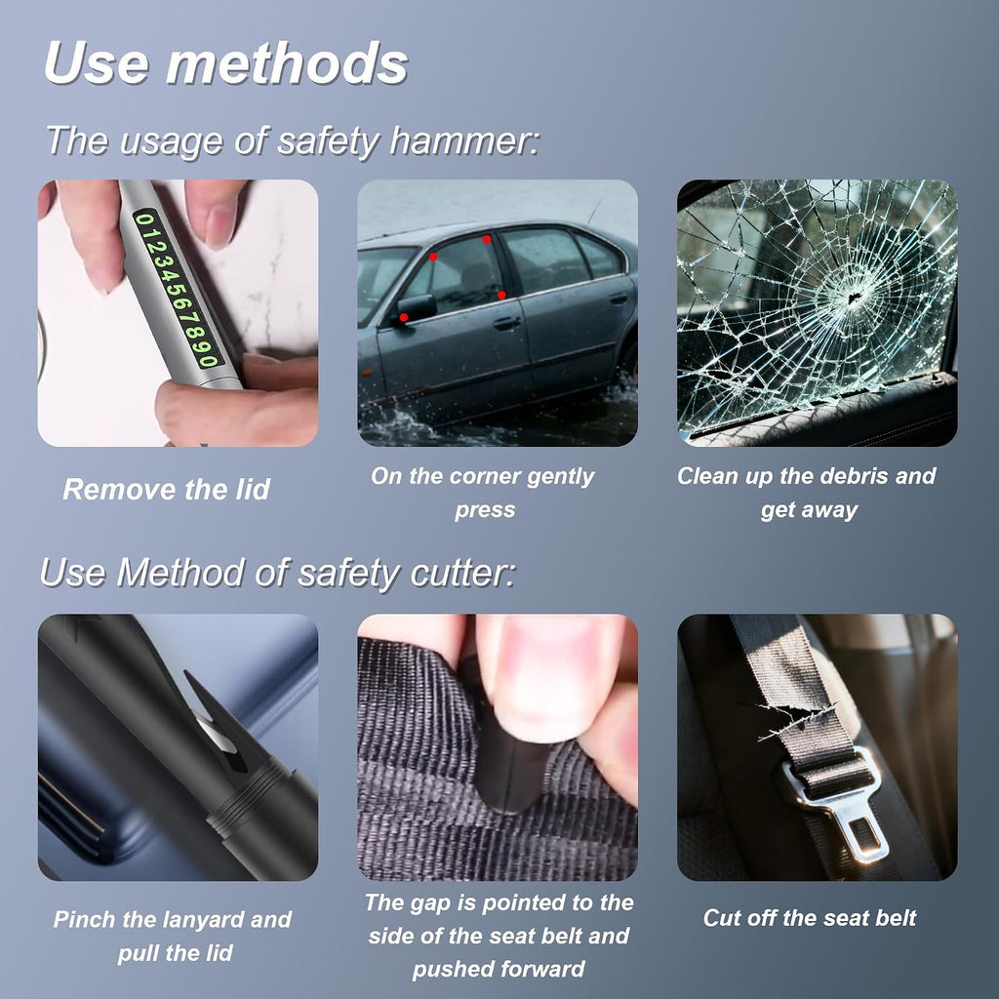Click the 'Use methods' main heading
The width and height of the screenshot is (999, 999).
pos(226,63)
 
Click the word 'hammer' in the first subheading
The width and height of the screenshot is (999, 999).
pos(463,140)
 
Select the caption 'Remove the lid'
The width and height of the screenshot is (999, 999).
pos(166,489)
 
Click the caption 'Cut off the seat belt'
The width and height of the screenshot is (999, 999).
pos(809,917)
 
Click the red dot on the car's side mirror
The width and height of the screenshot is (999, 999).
pos(403,317)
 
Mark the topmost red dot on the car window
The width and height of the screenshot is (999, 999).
pos(487,240)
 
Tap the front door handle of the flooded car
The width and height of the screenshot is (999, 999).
pos(507,324)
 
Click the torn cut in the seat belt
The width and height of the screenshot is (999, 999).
pos(796,719)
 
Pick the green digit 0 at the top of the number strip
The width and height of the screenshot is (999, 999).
pos(144,220)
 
